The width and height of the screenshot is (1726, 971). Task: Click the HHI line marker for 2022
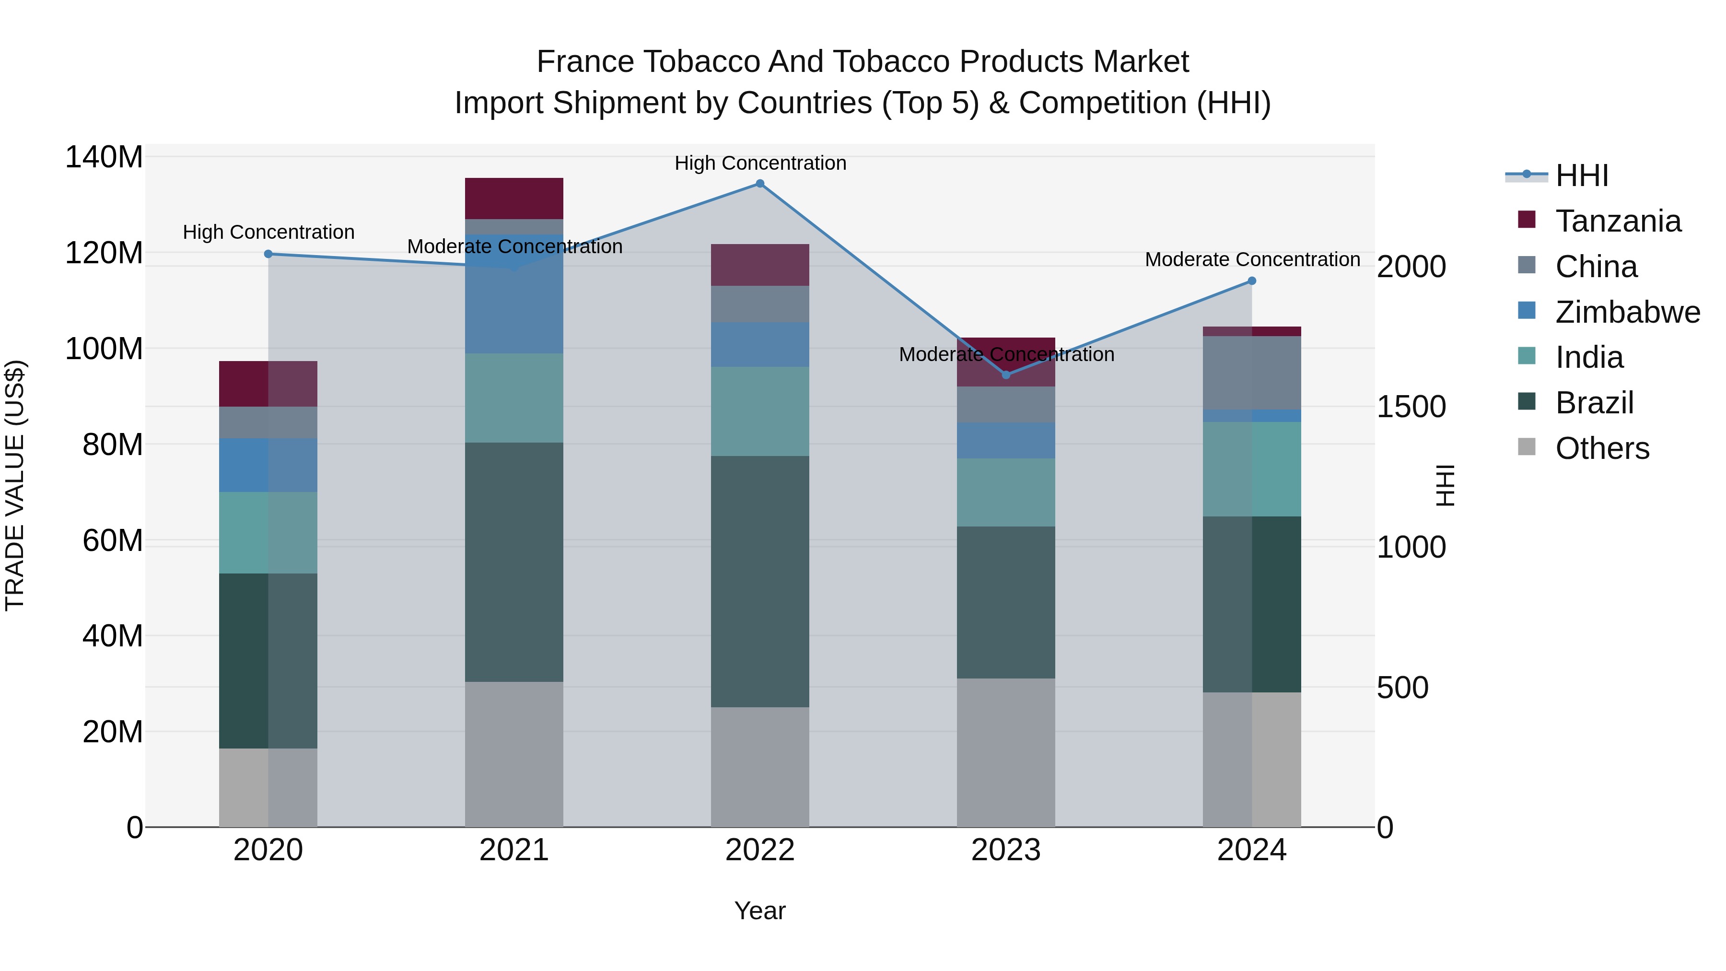tap(760, 184)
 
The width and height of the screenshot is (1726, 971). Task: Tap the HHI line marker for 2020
tap(268, 254)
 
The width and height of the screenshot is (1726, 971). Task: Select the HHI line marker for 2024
tap(1252, 281)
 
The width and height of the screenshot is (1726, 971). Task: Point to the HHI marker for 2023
tap(1006, 374)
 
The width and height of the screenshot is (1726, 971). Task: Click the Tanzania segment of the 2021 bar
tap(514, 199)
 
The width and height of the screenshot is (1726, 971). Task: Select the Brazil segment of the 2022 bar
tap(760, 582)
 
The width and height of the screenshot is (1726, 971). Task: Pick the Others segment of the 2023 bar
tap(1006, 752)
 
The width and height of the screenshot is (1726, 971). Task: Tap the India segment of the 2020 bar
tap(268, 533)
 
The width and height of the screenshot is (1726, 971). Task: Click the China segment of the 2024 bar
tap(1252, 373)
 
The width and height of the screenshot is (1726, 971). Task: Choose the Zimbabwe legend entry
tap(1627, 312)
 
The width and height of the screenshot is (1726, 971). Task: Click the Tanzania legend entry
tap(1618, 221)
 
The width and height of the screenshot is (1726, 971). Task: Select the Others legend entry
tap(1601, 448)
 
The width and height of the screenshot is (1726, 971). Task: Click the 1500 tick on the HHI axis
tap(1411, 407)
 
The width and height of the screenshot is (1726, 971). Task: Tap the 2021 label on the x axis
tap(514, 850)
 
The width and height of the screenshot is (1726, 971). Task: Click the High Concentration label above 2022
tap(760, 163)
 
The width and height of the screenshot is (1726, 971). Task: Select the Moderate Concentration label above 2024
tap(1252, 259)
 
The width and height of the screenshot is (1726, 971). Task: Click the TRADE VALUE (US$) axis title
tap(15, 485)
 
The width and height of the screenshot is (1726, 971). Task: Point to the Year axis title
tap(760, 911)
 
